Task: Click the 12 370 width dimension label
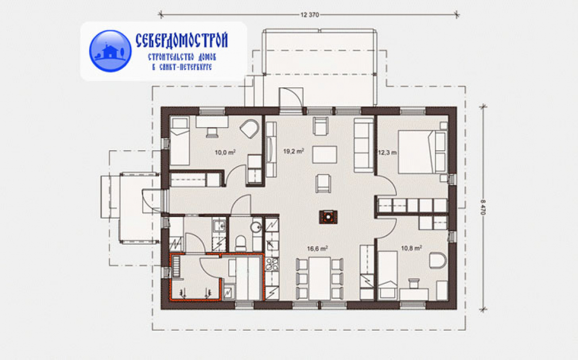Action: click(x=310, y=15)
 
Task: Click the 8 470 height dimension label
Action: click(x=483, y=207)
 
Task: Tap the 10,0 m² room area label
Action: click(x=225, y=152)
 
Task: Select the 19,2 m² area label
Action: click(x=293, y=151)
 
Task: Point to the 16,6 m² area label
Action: click(x=318, y=249)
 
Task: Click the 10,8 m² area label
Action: click(x=411, y=248)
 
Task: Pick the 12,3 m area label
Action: click(x=387, y=152)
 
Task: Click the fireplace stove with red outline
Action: click(x=328, y=217)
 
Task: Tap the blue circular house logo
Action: click(x=110, y=51)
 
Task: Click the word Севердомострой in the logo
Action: click(x=182, y=40)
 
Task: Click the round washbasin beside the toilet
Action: click(x=256, y=227)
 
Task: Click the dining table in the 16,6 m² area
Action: click(x=320, y=278)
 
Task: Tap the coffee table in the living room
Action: click(x=324, y=154)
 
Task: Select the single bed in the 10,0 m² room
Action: click(x=180, y=141)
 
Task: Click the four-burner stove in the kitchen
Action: click(x=272, y=265)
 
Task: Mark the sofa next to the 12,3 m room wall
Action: click(x=364, y=145)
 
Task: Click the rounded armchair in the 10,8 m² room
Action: click(x=438, y=260)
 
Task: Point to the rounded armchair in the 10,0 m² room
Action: click(x=250, y=129)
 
